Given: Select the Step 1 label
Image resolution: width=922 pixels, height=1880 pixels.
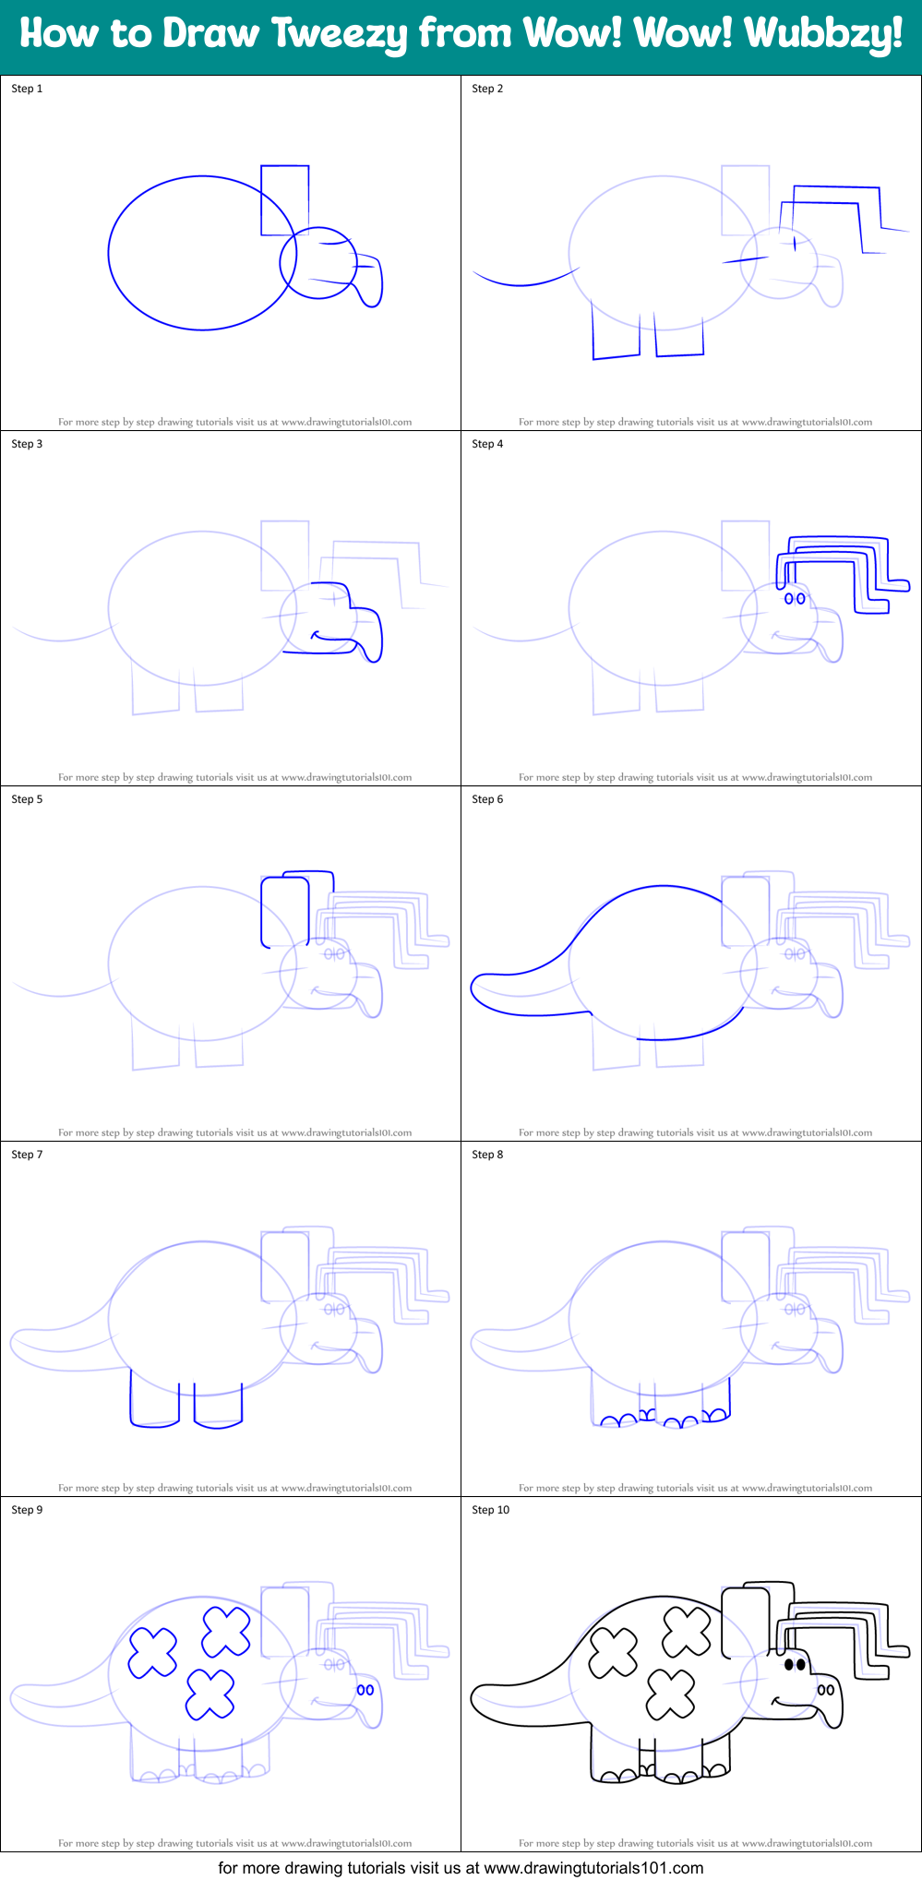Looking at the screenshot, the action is [27, 89].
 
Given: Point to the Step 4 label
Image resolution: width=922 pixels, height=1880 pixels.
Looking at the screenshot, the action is [487, 444].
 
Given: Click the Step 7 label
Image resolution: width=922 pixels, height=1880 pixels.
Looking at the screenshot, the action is [27, 1155].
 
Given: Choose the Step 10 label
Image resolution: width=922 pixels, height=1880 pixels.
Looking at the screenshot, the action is [490, 1510].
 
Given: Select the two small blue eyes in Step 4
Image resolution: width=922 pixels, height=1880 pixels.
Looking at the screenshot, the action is [795, 598].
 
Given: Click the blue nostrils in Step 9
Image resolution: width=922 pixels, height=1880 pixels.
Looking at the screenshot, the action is [365, 1690].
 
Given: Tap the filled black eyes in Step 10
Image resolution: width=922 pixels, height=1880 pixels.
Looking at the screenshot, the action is [795, 1665].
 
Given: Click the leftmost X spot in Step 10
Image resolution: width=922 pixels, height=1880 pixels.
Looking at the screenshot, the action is [613, 1652].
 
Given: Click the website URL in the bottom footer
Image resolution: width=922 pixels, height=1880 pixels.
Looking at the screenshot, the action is [593, 1868].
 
